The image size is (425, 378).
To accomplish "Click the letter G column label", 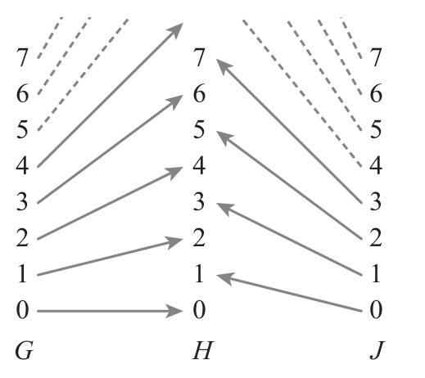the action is tap(24, 350).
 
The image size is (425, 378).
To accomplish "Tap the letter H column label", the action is tap(202, 350).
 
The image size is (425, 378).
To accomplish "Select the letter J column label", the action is tap(378, 350).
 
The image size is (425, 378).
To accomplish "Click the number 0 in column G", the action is tap(22, 310).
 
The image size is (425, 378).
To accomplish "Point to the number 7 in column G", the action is tap(22, 57).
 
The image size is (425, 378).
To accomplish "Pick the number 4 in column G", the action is tap(22, 165).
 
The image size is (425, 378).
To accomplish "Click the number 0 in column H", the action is tap(199, 310).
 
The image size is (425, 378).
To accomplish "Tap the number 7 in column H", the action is tap(199, 57).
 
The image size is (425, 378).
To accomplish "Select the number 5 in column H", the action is tap(199, 129).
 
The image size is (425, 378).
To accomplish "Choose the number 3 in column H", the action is tap(199, 201).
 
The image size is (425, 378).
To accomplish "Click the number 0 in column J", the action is tap(376, 310).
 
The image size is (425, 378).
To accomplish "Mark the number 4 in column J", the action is tap(376, 165).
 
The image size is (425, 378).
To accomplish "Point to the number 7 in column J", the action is tap(376, 57).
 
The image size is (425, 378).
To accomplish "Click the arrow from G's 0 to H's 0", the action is tap(110, 311).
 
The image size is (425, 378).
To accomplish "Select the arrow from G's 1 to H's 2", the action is tap(110, 257).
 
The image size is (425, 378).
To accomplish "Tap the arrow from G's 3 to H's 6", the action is tap(110, 149).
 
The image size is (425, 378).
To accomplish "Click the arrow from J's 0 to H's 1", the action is tap(289, 292).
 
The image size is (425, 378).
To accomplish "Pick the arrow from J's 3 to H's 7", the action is tap(289, 131).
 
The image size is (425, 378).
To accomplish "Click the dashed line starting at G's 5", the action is tap(84, 74).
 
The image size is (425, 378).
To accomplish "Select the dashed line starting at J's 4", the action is tap(302, 92).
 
